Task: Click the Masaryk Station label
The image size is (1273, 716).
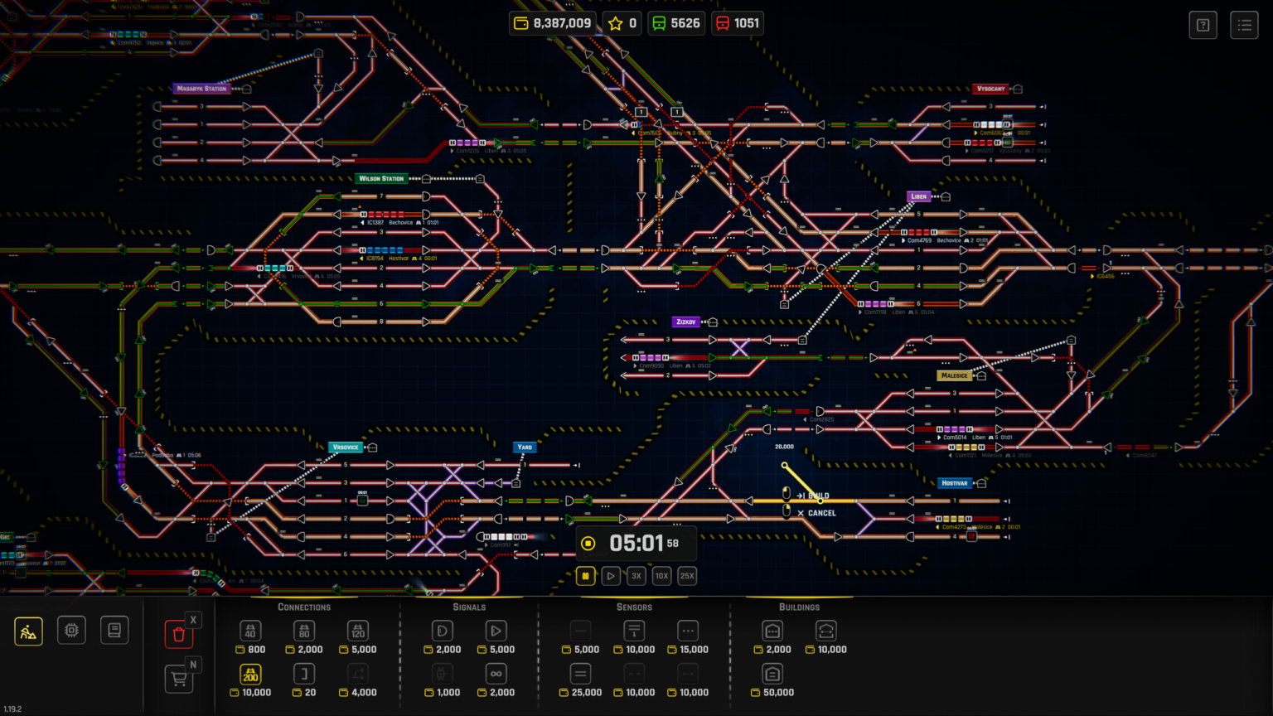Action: pos(201,89)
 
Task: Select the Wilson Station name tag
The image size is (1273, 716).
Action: pos(381,178)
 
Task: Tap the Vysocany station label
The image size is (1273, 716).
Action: pos(990,89)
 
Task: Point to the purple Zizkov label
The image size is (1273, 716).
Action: pos(685,322)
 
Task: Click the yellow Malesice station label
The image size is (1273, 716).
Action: pos(954,375)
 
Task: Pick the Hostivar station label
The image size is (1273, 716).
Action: pos(954,483)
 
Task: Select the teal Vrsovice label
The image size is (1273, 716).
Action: pos(345,447)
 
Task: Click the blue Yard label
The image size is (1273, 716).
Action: pos(525,447)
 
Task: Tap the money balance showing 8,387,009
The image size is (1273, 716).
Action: pos(553,23)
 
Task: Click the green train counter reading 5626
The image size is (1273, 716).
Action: pos(675,23)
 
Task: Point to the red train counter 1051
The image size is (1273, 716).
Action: pos(737,23)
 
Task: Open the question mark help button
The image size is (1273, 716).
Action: pos(1203,25)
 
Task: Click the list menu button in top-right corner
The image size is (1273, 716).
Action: pos(1244,25)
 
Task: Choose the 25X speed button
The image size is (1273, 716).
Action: pos(687,576)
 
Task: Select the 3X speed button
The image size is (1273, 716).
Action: pos(636,576)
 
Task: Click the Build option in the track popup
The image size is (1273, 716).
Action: pos(817,496)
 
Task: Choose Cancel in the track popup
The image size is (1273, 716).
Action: pos(820,513)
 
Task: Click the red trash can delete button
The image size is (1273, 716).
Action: pos(178,635)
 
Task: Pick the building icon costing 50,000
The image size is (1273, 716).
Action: pos(772,674)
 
